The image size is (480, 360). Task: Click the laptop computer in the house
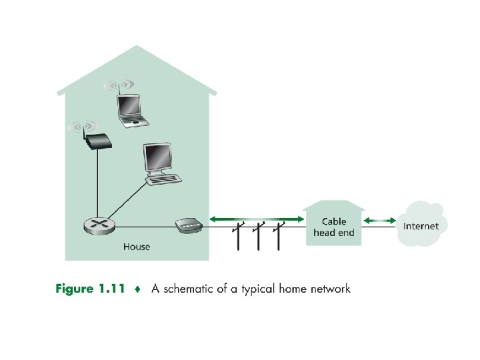[131, 111]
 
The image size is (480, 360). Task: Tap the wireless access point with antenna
[97, 141]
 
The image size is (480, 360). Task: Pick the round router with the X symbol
[99, 226]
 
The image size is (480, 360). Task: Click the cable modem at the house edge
[189, 226]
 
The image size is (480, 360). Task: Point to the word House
[137, 247]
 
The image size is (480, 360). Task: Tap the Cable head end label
[333, 227]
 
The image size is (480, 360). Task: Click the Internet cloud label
[421, 226]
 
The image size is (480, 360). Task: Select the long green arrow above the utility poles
[257, 218]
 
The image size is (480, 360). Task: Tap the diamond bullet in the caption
[137, 289]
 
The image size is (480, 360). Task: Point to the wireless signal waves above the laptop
[119, 85]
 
